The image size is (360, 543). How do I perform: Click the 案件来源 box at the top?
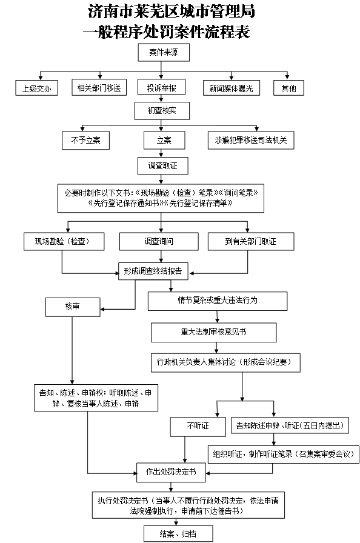(x=164, y=52)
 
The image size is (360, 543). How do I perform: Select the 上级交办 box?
(x=37, y=88)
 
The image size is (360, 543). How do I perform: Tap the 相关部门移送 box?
(x=99, y=87)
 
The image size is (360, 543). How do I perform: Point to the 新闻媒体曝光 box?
(x=232, y=88)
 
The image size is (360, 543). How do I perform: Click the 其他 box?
(x=288, y=88)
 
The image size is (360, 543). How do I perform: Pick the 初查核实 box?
(x=162, y=110)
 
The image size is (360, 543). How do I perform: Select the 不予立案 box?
(x=86, y=140)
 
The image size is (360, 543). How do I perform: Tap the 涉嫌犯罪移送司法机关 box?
(x=251, y=140)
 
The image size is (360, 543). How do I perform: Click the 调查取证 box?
(x=162, y=165)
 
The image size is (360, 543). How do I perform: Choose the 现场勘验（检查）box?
(x=64, y=241)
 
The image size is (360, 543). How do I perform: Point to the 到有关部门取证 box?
(x=251, y=241)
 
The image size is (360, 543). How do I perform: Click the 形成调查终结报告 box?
(x=153, y=271)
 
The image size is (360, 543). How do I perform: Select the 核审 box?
(x=73, y=307)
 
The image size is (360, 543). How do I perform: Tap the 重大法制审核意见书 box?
(x=213, y=333)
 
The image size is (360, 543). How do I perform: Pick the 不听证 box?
(x=198, y=426)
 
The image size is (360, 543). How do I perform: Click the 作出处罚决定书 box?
(x=171, y=472)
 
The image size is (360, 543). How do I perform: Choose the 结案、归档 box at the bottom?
(x=178, y=534)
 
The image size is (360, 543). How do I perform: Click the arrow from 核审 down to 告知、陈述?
(x=72, y=350)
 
